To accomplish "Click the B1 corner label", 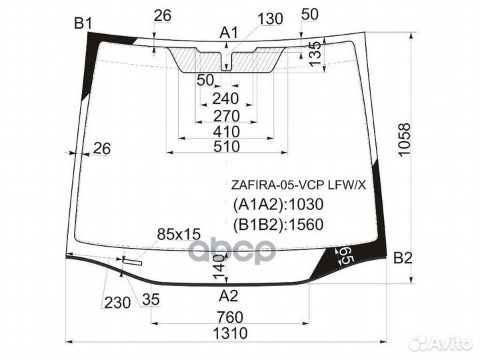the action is tap(83, 23).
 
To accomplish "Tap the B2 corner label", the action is tap(403, 258).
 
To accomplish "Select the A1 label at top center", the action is tap(229, 33).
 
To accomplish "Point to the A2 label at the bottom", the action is tap(229, 296).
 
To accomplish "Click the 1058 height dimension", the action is tap(405, 139).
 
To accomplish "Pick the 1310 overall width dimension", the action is tap(230, 333).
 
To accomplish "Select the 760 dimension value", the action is tap(230, 317).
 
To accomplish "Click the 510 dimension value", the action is tap(227, 146).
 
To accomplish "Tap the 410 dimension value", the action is tap(226, 131).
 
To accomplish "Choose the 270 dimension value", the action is tap(226, 116).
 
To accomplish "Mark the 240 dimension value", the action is tap(225, 99).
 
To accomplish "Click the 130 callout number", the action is tap(270, 19).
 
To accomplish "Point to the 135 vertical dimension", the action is tap(315, 53).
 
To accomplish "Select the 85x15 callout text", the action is tap(179, 234).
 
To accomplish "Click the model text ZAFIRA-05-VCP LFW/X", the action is tap(299, 185).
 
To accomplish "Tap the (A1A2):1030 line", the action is tap(278, 204).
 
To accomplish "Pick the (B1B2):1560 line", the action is tap(278, 225).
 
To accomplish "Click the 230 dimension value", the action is tap(117, 303).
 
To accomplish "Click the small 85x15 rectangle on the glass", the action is tap(132, 261).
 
